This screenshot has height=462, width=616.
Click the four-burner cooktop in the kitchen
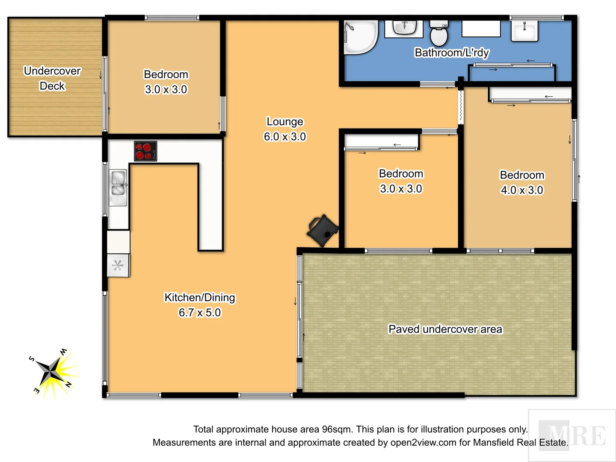pos(145,151)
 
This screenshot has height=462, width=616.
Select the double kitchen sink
pos(118,188)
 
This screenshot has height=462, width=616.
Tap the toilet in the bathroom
pos(438,33)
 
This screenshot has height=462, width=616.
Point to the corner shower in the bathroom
pos(360,37)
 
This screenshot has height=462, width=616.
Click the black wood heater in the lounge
pos(323,231)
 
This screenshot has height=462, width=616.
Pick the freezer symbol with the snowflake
pos(118,266)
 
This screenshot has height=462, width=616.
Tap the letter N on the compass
pos(68,385)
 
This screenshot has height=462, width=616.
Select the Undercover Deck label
pos(52,78)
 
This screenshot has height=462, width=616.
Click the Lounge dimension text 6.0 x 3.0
pos(285,136)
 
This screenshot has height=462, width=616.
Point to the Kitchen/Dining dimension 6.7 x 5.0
pos(200,313)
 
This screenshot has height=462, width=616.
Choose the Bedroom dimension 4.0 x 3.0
pos(522,190)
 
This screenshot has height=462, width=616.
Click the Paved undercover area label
pos(445,329)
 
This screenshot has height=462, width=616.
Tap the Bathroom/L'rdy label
pos(452,53)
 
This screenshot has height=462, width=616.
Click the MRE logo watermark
pos(572,435)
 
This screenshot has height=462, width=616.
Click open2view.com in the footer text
pos(423,442)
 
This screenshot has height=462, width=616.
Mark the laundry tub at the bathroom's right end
pos(524,31)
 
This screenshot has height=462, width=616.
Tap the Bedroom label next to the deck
pos(166,74)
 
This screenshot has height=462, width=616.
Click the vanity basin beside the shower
pos(404,28)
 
